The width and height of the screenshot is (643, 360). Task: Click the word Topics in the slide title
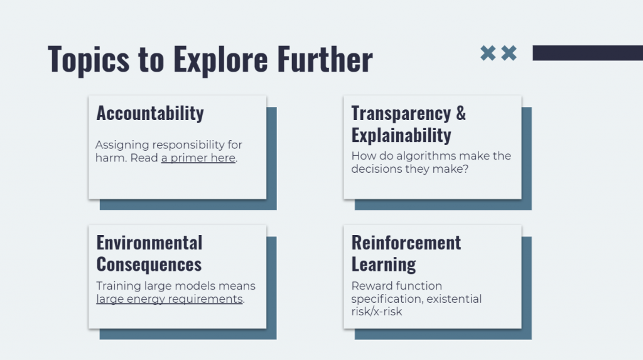coord(89,60)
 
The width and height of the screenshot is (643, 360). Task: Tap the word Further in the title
coord(325,59)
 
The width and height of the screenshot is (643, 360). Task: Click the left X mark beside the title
coord(487,53)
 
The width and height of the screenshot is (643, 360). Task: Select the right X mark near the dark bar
coord(509,53)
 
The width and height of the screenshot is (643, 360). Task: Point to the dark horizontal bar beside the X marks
coord(588,53)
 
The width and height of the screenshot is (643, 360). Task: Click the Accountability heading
coord(150,113)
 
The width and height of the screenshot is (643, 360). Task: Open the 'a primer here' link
coord(198,158)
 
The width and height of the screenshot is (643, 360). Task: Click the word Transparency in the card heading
coord(401,113)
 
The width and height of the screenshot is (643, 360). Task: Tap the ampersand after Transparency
coord(461,113)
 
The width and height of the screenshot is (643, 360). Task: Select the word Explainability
coord(401,135)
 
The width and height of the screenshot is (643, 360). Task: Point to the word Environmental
coord(149,243)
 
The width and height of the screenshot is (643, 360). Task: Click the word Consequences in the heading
coord(149,265)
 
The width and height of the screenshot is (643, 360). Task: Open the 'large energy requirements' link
coord(170,299)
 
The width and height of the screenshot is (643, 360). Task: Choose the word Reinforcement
coord(406,243)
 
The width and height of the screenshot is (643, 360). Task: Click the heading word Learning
coord(384,265)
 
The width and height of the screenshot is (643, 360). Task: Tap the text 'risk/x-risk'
coord(377,312)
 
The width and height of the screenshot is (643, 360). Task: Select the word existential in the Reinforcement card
coord(454,299)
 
